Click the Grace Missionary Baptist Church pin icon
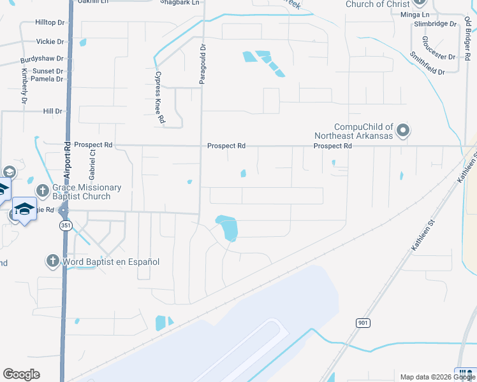[43, 190]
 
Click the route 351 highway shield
[66, 226]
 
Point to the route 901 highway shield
[363, 323]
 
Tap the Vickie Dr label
[51, 41]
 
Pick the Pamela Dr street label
[47, 80]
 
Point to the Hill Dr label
[52, 111]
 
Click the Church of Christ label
[378, 4]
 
